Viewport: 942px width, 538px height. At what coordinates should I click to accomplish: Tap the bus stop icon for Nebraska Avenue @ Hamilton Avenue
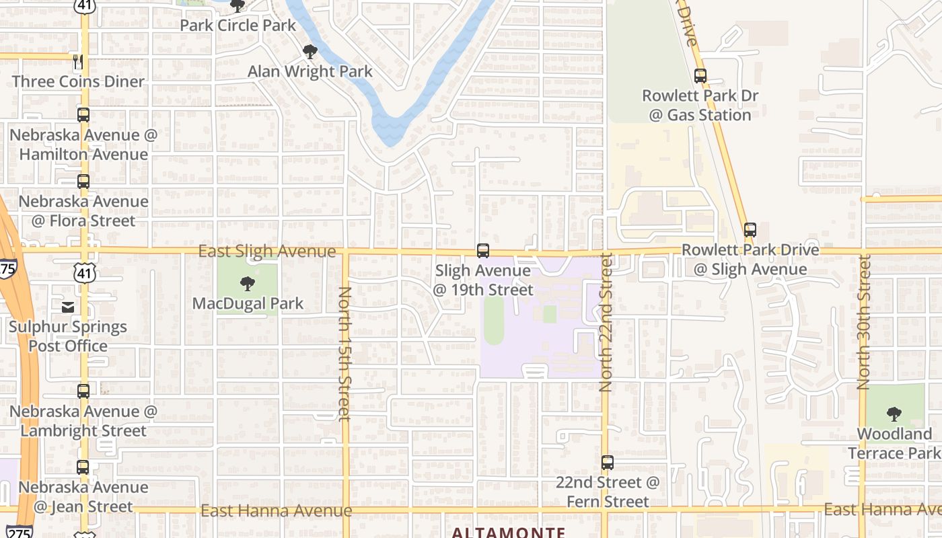tap(83, 115)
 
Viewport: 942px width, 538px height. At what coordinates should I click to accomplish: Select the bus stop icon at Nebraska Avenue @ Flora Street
tap(83, 182)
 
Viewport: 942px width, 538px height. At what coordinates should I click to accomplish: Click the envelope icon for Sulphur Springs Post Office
tap(68, 307)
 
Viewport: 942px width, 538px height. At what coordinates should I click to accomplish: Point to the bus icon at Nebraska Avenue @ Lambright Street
tap(83, 391)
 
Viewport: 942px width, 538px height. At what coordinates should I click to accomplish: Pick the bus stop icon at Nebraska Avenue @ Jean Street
tap(83, 467)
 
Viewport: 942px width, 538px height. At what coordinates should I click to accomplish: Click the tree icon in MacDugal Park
tap(248, 284)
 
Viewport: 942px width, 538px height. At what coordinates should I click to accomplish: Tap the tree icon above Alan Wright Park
tap(310, 52)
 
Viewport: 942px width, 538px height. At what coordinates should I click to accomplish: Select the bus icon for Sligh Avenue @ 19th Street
tap(482, 251)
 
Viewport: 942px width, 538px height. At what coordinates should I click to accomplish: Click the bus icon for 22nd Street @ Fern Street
tap(608, 463)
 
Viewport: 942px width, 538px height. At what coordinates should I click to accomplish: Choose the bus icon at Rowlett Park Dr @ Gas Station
tap(700, 76)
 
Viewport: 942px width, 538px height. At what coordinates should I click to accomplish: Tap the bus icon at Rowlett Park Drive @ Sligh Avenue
tap(750, 230)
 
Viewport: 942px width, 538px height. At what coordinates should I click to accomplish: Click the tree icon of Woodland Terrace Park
tap(894, 414)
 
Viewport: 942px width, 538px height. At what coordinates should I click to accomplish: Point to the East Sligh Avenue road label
tap(267, 252)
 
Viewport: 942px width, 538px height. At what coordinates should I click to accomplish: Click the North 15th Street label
tap(345, 353)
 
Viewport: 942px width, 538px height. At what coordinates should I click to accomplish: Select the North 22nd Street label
tap(606, 323)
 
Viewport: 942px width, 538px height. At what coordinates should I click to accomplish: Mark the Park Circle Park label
tap(238, 26)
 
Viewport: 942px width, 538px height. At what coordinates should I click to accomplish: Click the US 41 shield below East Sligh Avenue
tap(85, 273)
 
